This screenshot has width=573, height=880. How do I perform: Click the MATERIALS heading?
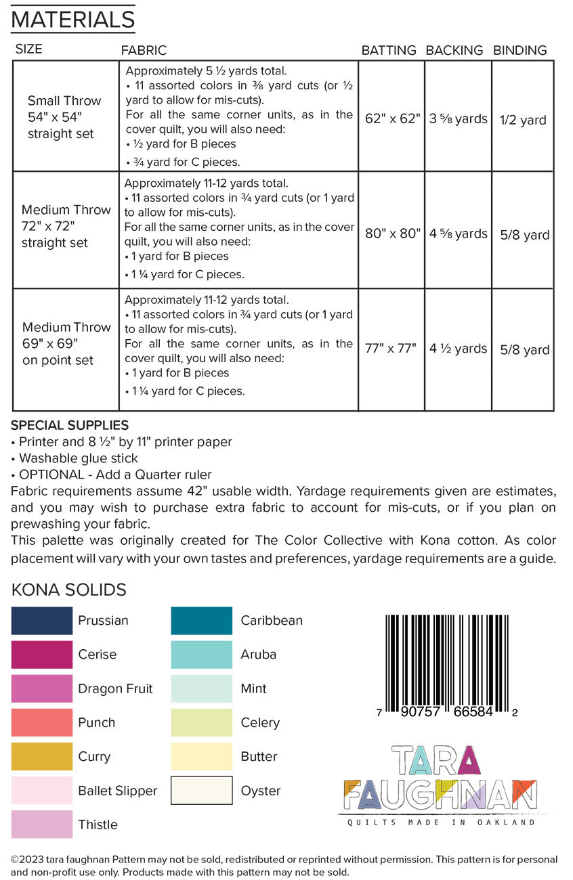pos(72,19)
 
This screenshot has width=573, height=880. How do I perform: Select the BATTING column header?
pos(388,50)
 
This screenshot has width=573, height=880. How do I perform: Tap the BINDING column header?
pos(519,50)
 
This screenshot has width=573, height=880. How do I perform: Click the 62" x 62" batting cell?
pos(392,118)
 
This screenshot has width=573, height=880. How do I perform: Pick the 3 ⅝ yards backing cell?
pos(458,119)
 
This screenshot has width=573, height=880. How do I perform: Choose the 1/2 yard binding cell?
pos(523,120)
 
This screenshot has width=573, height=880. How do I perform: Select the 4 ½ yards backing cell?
pos(458,349)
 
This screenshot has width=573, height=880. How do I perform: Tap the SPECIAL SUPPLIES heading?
pos(70,425)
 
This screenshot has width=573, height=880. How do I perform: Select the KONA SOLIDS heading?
pos(68,590)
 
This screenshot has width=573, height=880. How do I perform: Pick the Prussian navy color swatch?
pos(41,621)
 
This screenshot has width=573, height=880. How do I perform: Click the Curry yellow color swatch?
pos(41,757)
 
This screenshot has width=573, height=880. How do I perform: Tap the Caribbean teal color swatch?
pos(201,621)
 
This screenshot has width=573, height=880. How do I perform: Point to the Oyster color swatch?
pos(201,790)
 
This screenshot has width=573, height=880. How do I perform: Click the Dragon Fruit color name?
pos(115,688)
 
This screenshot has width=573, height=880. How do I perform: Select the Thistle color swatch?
pos(41,824)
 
